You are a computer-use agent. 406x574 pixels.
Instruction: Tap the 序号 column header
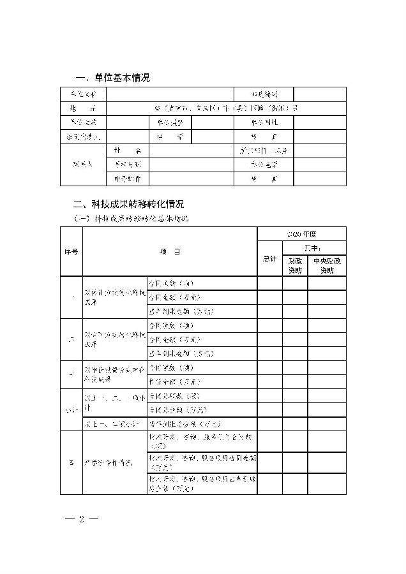click(71, 252)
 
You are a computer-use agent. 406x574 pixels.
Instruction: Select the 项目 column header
click(170, 252)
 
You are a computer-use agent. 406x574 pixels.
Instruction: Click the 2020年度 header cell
click(301, 234)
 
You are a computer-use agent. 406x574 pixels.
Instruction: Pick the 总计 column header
click(269, 259)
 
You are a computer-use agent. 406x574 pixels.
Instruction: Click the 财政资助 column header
click(295, 266)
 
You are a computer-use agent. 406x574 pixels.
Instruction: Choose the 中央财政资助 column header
click(327, 266)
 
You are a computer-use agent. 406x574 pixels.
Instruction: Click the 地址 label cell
click(83, 108)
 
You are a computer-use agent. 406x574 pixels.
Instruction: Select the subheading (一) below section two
click(132, 219)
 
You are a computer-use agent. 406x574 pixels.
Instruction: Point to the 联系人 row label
click(83, 165)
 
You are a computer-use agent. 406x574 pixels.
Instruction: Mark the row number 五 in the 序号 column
click(71, 462)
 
